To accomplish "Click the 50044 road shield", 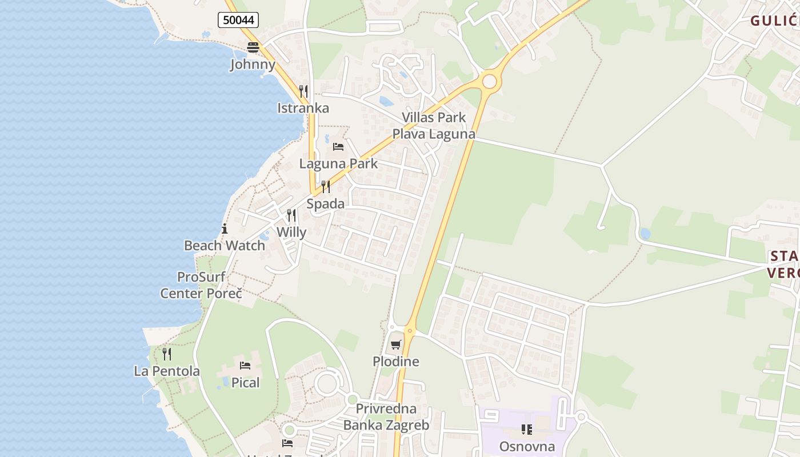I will pyautogui.click(x=238, y=21).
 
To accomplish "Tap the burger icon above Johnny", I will pyautogui.click(x=253, y=47).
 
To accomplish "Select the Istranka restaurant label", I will pyautogui.click(x=303, y=108).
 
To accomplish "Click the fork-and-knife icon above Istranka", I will pyautogui.click(x=303, y=91).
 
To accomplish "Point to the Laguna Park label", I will pyautogui.click(x=338, y=163).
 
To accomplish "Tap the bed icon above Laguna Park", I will pyautogui.click(x=338, y=146).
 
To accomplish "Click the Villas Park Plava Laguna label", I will pyautogui.click(x=433, y=126).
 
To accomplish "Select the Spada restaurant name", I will pyautogui.click(x=325, y=203).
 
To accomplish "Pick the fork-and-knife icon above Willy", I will pyautogui.click(x=291, y=215).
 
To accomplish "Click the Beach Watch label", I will pyautogui.click(x=224, y=246).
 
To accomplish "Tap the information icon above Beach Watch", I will pyautogui.click(x=225, y=229).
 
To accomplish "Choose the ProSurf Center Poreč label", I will pyautogui.click(x=201, y=285).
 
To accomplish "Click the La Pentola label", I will pyautogui.click(x=167, y=371).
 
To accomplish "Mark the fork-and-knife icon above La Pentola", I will pyautogui.click(x=166, y=354).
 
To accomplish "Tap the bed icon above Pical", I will pyautogui.click(x=245, y=366).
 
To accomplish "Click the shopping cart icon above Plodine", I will pyautogui.click(x=396, y=344).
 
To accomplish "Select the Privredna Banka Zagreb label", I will pyautogui.click(x=386, y=417).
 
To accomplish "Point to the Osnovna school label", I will pyautogui.click(x=527, y=446).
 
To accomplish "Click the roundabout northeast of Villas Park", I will pyautogui.click(x=489, y=81).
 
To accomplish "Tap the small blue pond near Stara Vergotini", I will pyautogui.click(x=645, y=233).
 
